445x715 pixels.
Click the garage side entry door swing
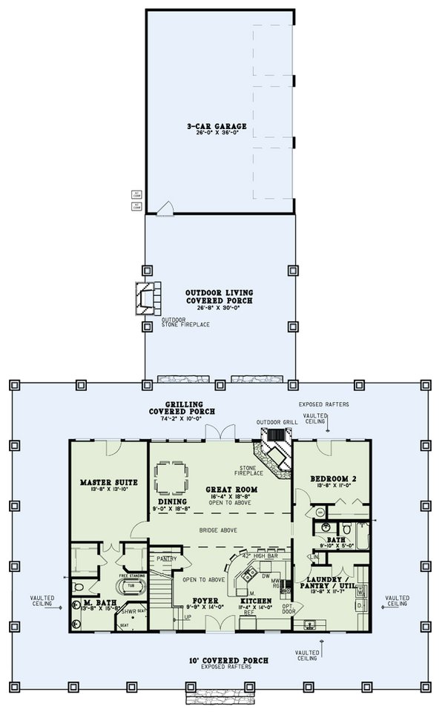pyautogui.click(x=168, y=208)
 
